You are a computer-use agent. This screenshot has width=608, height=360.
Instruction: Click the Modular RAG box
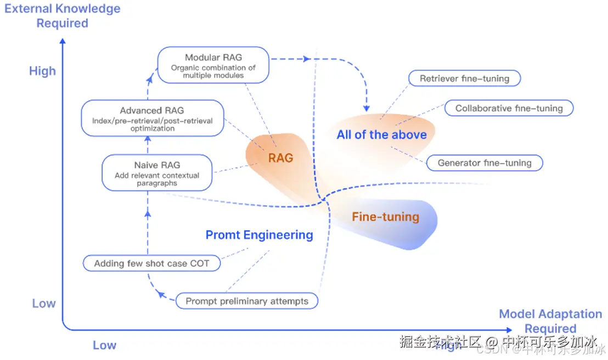pyautogui.click(x=213, y=65)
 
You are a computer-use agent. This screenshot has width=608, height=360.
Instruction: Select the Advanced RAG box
pyautogui.click(x=152, y=119)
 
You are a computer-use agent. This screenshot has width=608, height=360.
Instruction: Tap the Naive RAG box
pyautogui.click(x=157, y=173)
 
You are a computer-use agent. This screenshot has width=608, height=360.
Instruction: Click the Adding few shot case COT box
pyautogui.click(x=151, y=263)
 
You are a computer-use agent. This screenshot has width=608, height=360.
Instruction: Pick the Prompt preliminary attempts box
pyautogui.click(x=247, y=301)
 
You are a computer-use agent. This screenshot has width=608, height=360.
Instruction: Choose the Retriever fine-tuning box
pyautogui.click(x=464, y=78)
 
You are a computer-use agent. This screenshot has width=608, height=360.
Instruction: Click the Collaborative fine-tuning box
pyautogui.click(x=509, y=108)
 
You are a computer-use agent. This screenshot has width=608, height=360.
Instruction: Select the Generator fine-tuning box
pyautogui.click(x=484, y=163)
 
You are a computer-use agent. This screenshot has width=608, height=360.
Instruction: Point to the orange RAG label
pyautogui.click(x=280, y=158)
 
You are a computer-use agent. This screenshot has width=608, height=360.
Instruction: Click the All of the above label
pyautogui.click(x=381, y=135)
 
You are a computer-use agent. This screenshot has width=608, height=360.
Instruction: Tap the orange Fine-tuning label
pyautogui.click(x=385, y=217)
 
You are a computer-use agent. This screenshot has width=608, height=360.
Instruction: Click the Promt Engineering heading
pyautogui.click(x=259, y=235)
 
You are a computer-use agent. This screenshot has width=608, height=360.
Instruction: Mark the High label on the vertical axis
pyautogui.click(x=42, y=71)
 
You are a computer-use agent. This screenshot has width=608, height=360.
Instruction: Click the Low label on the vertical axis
pyautogui.click(x=43, y=303)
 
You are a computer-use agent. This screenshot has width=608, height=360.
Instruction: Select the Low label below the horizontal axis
pyautogui.click(x=104, y=345)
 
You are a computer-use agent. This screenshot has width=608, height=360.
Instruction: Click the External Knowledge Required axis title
pyautogui.click(x=62, y=16)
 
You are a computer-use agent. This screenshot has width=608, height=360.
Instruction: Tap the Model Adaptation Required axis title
pyautogui.click(x=550, y=321)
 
